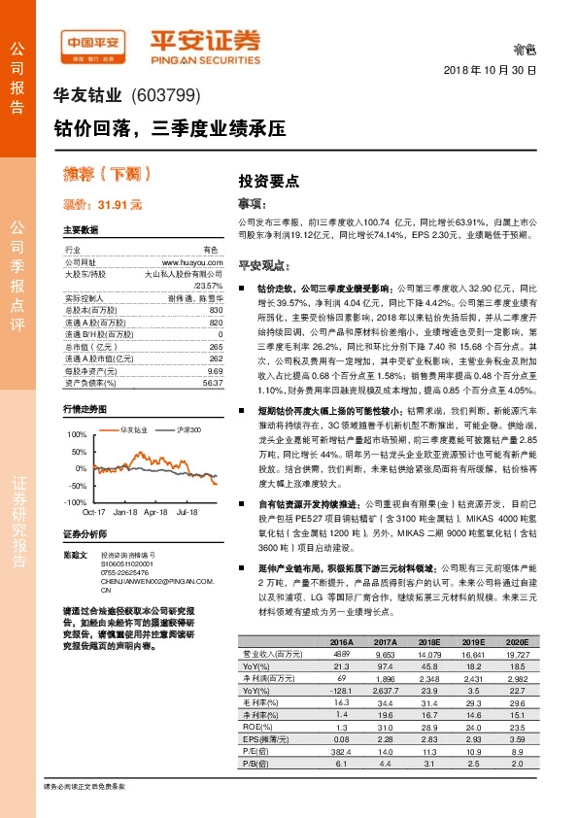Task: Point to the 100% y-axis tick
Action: coord(78,434)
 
